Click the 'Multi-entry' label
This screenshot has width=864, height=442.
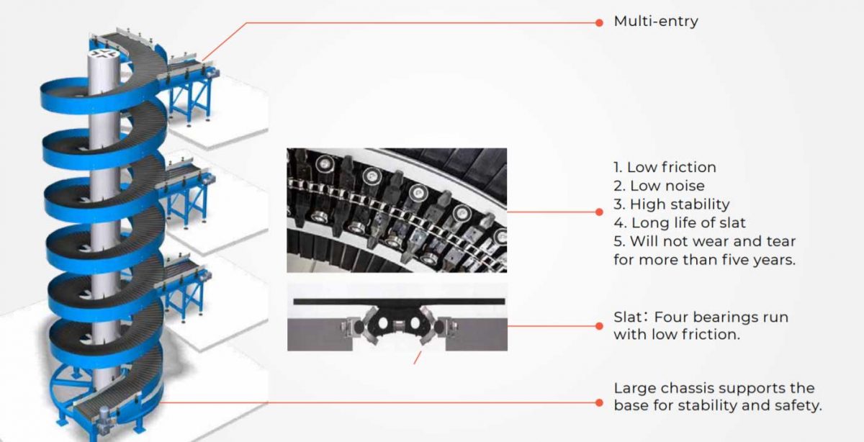[x=655, y=22]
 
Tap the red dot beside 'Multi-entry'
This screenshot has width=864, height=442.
[x=599, y=22]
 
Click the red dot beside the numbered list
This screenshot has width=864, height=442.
[x=599, y=212]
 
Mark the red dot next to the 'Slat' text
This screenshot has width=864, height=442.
[x=599, y=325]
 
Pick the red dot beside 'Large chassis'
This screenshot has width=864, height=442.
[x=599, y=402]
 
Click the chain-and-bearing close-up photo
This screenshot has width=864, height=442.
[x=396, y=209]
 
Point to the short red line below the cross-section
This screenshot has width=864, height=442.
[x=416, y=358]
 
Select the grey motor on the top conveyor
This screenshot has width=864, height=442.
[x=210, y=71]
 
